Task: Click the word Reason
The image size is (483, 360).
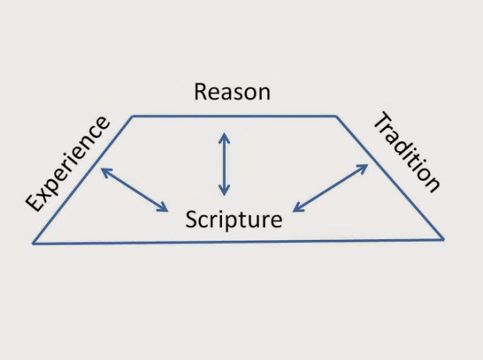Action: [232, 92]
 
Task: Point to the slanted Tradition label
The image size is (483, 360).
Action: [406, 153]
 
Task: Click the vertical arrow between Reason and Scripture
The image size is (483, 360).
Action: [224, 164]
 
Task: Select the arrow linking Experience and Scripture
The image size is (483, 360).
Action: [135, 189]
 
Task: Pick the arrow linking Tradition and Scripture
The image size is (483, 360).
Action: [330, 188]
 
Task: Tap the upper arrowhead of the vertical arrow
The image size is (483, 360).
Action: [224, 136]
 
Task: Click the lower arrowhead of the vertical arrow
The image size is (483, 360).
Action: [224, 191]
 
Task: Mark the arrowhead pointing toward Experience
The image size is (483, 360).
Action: [104, 171]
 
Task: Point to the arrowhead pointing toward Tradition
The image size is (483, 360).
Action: [364, 167]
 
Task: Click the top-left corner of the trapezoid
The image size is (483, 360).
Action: [132, 116]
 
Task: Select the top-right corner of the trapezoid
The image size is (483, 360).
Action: [336, 116]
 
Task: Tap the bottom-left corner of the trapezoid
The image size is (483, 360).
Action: [33, 244]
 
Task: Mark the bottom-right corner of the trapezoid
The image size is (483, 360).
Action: [444, 238]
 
